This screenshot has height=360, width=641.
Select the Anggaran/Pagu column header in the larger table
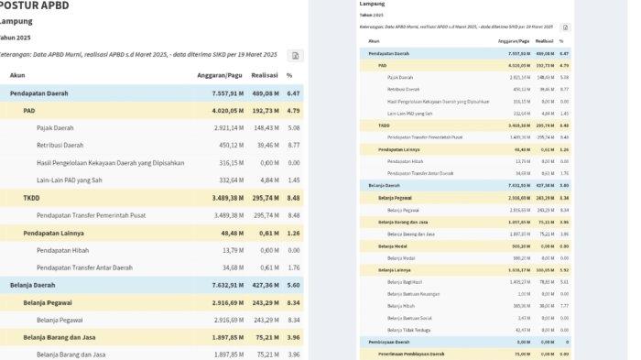tap(220, 75)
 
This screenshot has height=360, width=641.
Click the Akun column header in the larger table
tap(18, 75)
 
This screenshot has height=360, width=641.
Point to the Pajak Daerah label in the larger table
tap(55, 128)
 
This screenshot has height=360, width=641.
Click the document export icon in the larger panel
tap(296, 56)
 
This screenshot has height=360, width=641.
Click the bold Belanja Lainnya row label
tap(394, 271)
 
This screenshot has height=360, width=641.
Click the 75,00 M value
tap(521, 352)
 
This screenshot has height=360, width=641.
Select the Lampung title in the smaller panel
tap(373, 4)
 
